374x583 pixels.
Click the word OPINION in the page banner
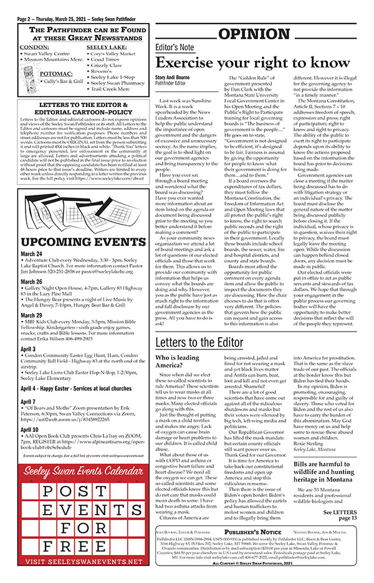click(x=259, y=34)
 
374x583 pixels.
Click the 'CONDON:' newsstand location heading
click(x=34, y=47)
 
